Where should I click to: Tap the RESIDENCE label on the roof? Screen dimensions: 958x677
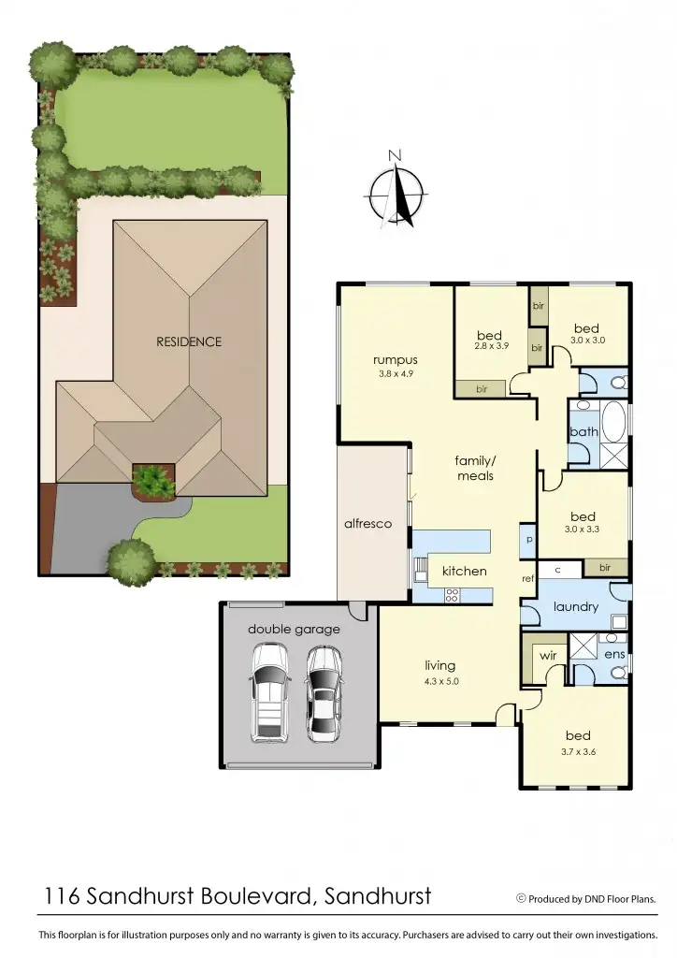(189, 341)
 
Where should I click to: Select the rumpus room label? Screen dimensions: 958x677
(395, 359)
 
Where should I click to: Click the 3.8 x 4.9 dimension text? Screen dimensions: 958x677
(395, 373)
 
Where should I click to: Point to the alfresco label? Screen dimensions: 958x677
(368, 524)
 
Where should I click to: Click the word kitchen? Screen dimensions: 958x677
(464, 571)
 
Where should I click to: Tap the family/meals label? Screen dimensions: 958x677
(474, 468)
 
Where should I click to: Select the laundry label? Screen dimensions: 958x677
(575, 606)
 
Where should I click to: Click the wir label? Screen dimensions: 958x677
(549, 656)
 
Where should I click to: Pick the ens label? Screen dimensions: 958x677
(614, 655)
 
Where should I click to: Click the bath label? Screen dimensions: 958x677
(583, 432)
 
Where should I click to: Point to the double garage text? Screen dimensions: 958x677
(294, 630)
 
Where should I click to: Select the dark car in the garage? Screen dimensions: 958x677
(324, 692)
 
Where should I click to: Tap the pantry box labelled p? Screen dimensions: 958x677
(528, 541)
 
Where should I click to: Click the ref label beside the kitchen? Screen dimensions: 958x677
(527, 579)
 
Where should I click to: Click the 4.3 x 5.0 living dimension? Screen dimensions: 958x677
(439, 681)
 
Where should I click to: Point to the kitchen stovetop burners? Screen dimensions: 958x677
(453, 592)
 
